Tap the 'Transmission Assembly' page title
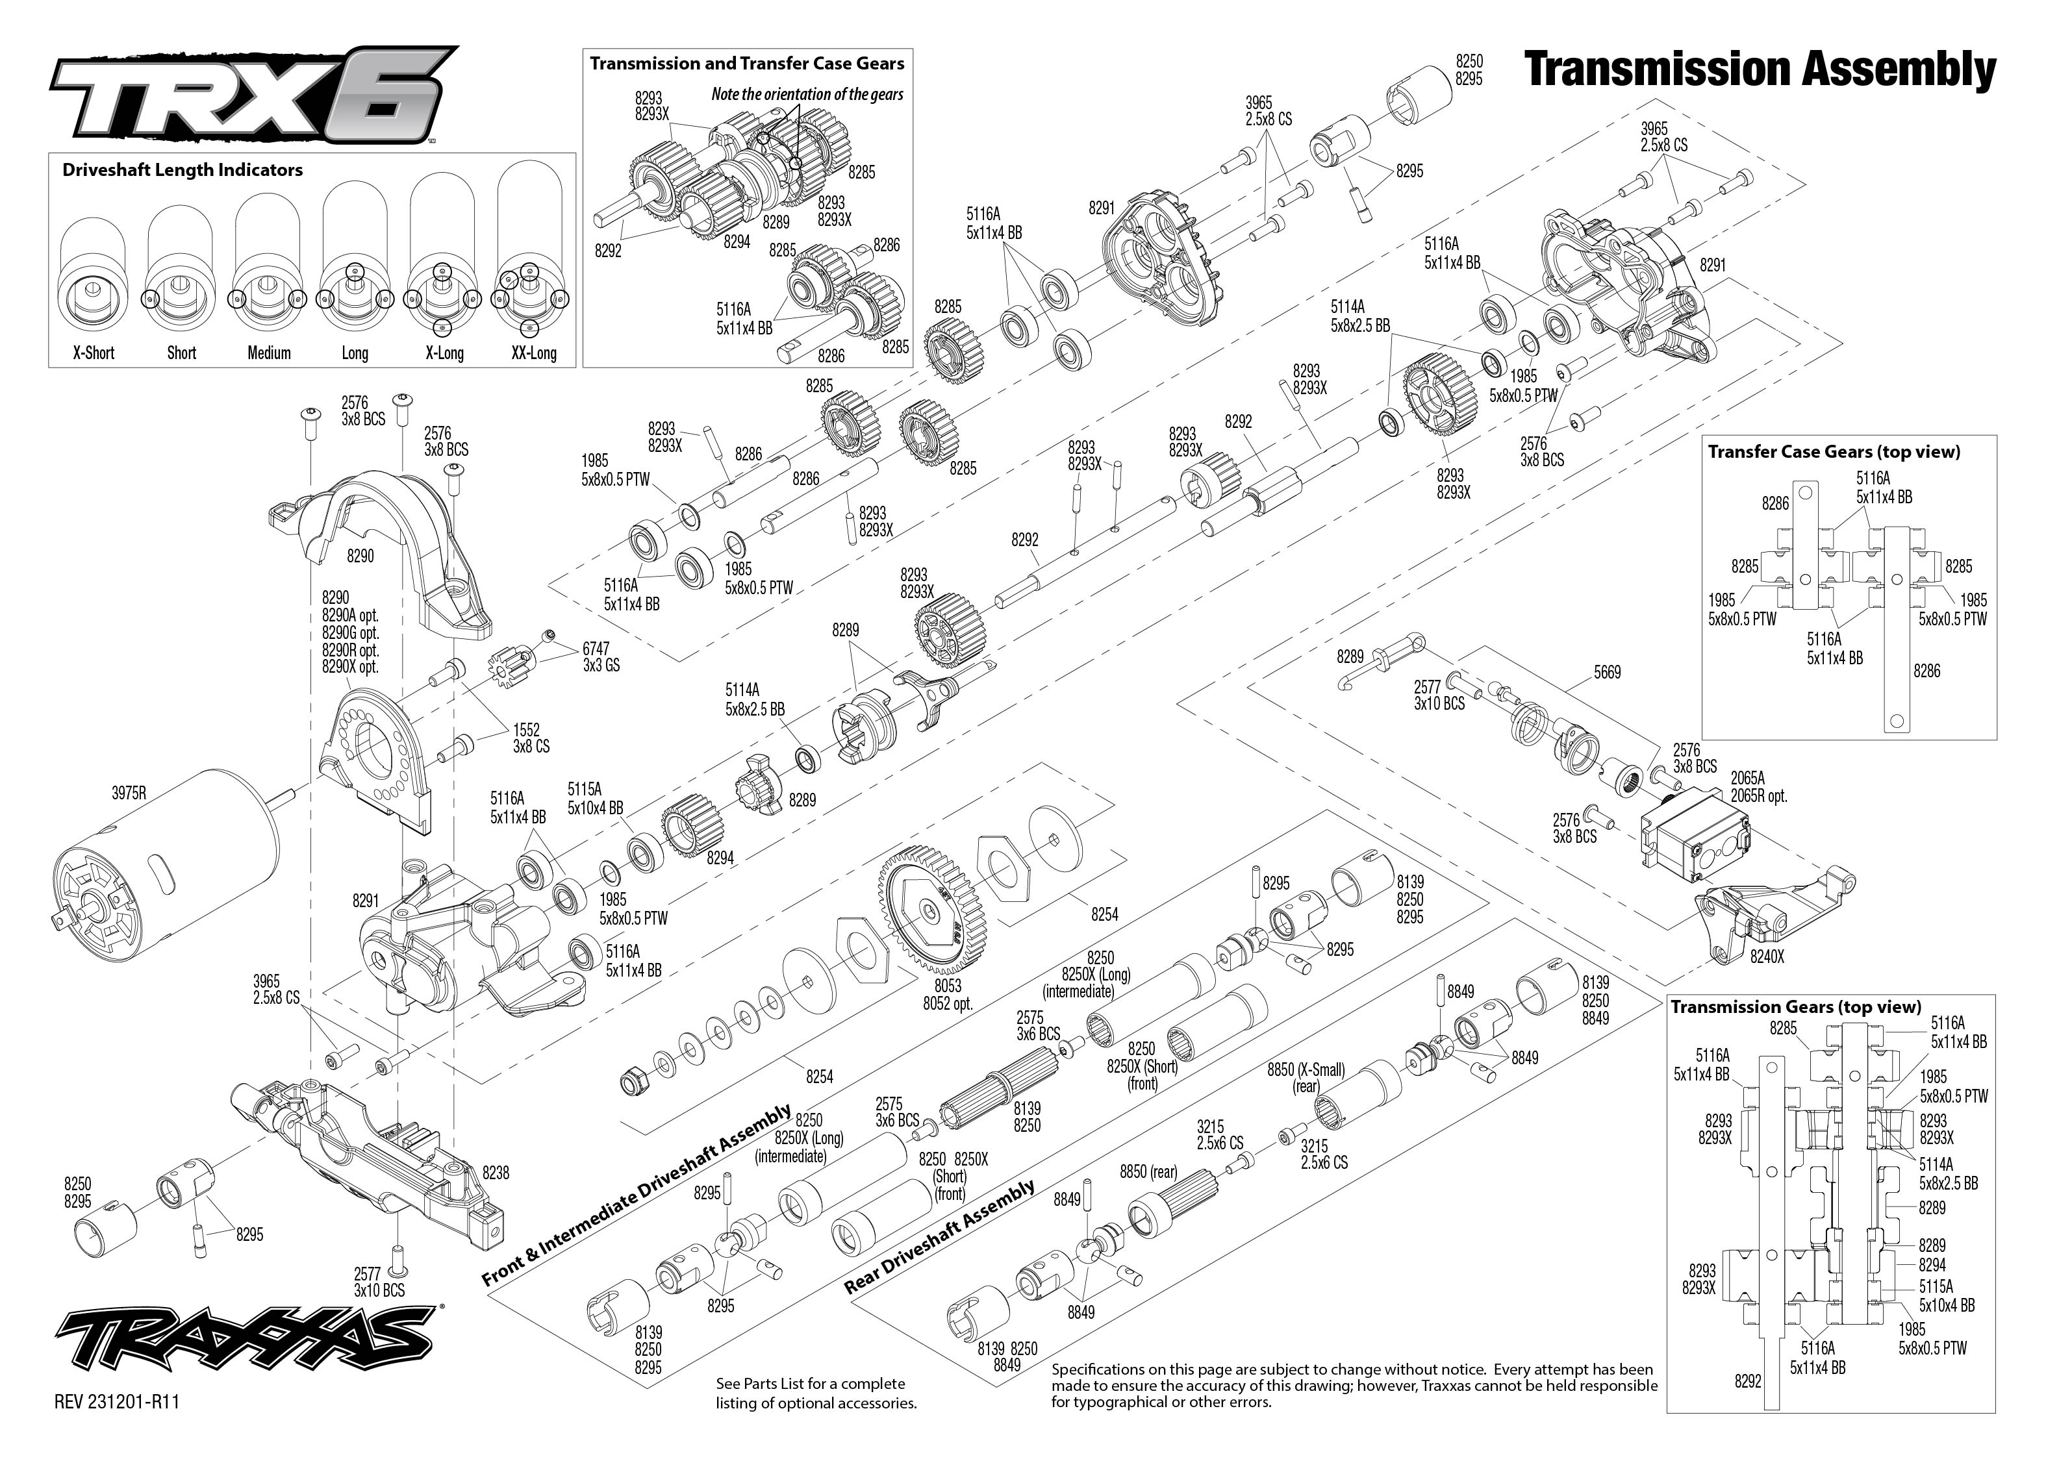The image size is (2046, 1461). point(1760,69)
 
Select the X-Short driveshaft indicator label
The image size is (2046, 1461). point(94,353)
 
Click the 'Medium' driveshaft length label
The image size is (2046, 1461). point(269,353)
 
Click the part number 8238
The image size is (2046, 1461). point(496,1172)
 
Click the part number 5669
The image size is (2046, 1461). point(1607,672)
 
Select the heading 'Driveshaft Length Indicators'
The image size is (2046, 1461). point(183,170)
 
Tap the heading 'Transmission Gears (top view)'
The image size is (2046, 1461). point(1795,1006)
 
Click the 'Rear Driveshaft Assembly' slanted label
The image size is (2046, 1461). point(941,1237)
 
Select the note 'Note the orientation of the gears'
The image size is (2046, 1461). point(807,94)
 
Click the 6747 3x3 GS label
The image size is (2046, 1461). point(601,656)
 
